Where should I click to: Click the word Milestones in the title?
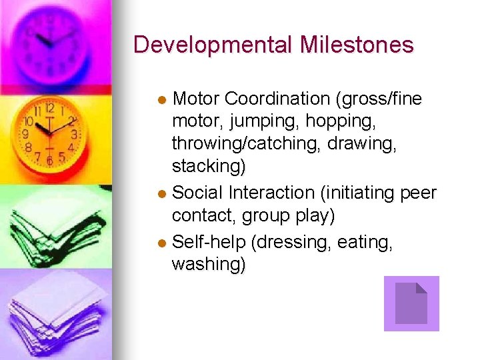[357, 45]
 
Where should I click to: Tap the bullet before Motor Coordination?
[162, 100]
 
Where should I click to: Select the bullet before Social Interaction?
[162, 194]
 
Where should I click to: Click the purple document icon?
[411, 303]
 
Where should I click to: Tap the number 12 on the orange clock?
[50, 107]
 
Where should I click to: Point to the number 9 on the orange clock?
[25, 134]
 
